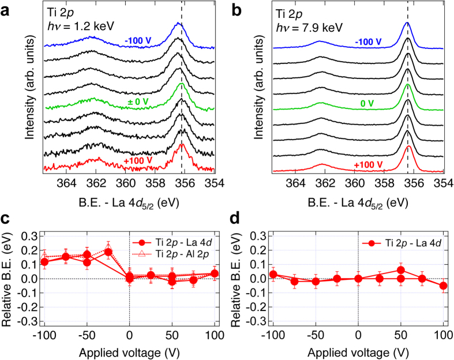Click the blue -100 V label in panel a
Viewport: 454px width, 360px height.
[x=139, y=41]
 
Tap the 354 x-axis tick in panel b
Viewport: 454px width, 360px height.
[x=442, y=183]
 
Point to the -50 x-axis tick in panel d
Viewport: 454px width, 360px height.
[x=316, y=333]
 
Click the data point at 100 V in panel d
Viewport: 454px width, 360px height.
[x=443, y=286]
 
